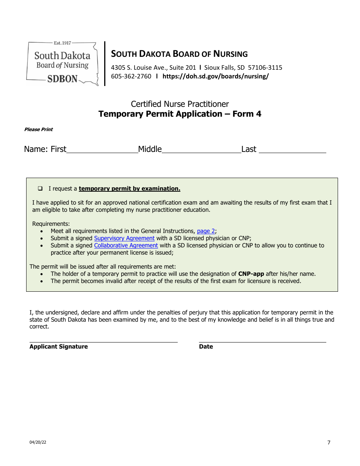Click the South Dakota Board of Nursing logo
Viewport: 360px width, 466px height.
[x=63, y=63]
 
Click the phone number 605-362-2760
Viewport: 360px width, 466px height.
[x=131, y=76]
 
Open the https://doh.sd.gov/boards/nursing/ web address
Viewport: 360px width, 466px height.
[x=215, y=76]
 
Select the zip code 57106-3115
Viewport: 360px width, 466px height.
[x=265, y=68]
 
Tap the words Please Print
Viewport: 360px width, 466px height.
[x=38, y=130]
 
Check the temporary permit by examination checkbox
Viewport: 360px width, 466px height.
[x=40, y=188]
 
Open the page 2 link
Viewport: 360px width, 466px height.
[x=206, y=231]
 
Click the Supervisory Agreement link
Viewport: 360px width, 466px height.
[x=124, y=238]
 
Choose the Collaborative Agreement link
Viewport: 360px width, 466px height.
[x=126, y=246]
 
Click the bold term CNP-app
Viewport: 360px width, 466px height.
[x=251, y=274]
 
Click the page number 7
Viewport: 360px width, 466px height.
[x=329, y=443]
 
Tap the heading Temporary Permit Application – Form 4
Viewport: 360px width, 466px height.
[x=180, y=114]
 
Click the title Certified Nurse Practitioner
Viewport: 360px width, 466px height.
[x=180, y=104]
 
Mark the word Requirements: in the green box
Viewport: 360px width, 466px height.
[x=51, y=224]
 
